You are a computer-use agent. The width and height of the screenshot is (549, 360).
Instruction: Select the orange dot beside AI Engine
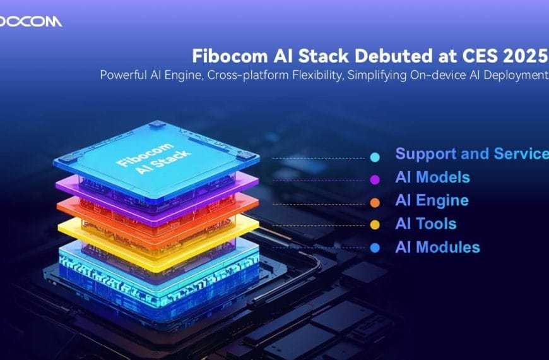375,203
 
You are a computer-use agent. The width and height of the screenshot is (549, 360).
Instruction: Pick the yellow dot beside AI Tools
375,225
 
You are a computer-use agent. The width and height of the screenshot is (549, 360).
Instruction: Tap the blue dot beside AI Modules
375,248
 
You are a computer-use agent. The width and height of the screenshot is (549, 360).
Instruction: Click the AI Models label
432,177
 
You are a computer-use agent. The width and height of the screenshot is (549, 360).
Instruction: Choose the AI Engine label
432,201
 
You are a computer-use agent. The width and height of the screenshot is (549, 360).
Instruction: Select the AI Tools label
425,224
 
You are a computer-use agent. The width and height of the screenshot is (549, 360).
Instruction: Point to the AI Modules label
437,248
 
